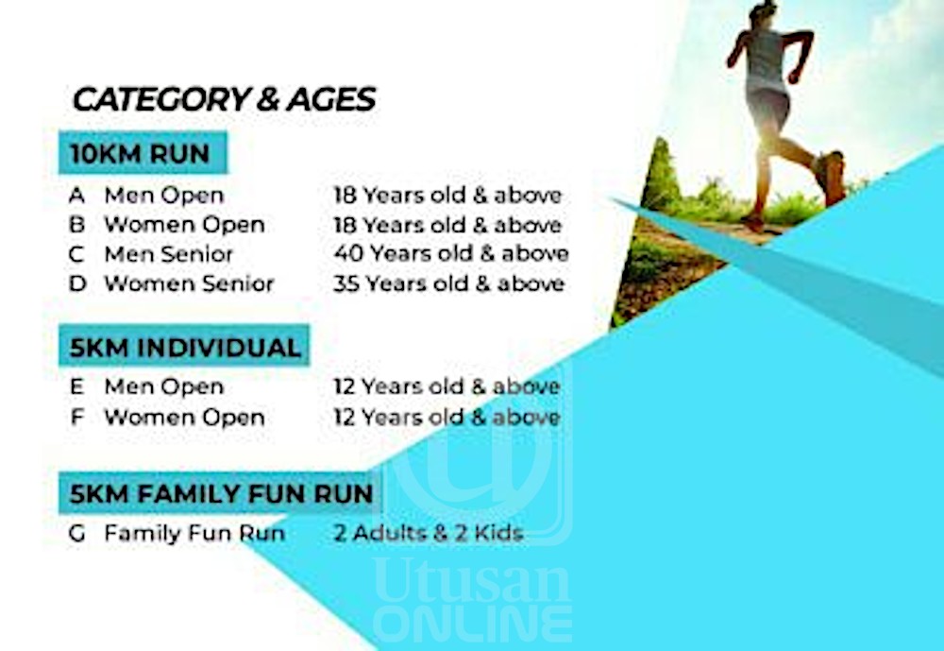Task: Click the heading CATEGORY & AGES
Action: click(224, 99)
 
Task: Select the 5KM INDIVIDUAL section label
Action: click(184, 347)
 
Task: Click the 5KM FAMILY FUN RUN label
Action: click(220, 493)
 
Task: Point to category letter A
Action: click(77, 196)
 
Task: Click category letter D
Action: click(77, 283)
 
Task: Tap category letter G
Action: click(77, 534)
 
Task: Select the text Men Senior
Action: click(169, 254)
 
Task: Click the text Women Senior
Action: click(189, 283)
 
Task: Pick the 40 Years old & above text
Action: click(451, 254)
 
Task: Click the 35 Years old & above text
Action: click(449, 283)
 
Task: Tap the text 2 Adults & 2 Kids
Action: click(429, 534)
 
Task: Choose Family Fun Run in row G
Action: click(194, 534)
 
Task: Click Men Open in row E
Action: click(163, 387)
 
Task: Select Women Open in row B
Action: click(184, 225)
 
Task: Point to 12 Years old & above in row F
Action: click(447, 417)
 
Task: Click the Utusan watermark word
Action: click(472, 580)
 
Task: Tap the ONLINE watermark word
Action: click(473, 625)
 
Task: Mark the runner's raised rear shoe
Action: click(832, 178)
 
